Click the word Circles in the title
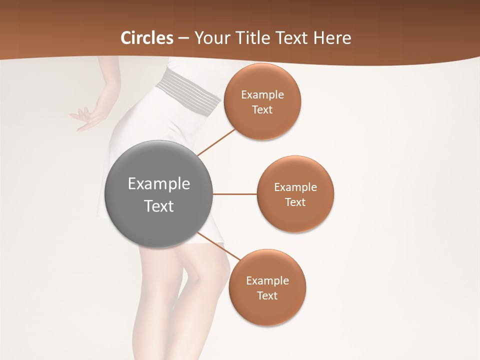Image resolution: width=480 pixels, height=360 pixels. pos(147,38)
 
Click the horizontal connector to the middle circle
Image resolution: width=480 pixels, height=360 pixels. pos(234,194)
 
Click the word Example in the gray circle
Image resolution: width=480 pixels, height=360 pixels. pos(159,184)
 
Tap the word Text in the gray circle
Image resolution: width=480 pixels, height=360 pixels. pos(159,206)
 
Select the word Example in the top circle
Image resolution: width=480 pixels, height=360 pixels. pos(262,95)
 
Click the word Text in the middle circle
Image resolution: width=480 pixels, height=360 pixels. pos(295,202)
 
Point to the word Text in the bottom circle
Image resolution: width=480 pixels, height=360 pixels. pos(267,295)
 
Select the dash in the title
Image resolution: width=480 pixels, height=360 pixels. pos(183,38)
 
